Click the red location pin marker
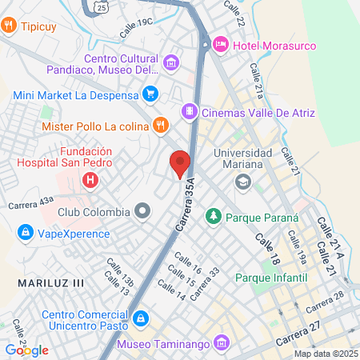click(x=181, y=163)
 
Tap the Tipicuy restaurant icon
click(x=9, y=26)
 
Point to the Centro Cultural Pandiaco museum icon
click(x=170, y=62)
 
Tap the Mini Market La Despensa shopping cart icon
click(x=149, y=94)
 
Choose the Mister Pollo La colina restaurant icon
click(x=160, y=125)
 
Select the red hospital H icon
click(x=90, y=181)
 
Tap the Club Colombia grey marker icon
click(x=142, y=212)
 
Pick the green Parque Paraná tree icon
click(x=214, y=216)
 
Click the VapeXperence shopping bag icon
click(x=26, y=234)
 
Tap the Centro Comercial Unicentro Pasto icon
click(x=140, y=319)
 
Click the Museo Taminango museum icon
click(x=222, y=344)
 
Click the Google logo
click(x=26, y=350)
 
